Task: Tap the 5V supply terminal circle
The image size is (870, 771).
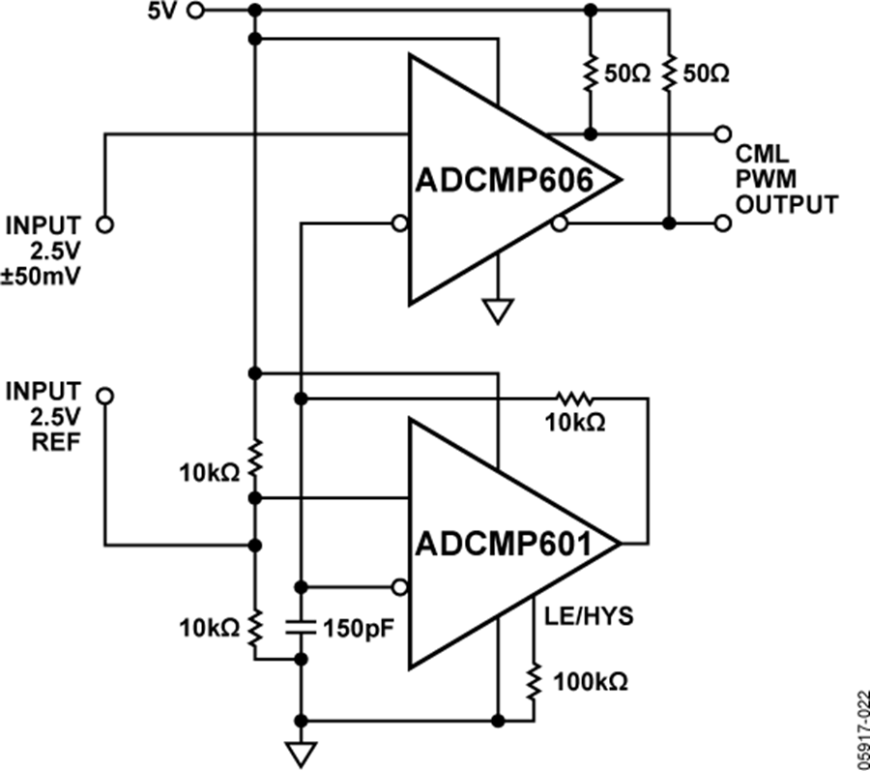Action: (195, 12)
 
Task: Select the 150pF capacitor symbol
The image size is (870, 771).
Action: (301, 626)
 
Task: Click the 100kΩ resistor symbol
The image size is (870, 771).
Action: (534, 682)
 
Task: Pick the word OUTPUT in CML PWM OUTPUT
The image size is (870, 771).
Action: (786, 204)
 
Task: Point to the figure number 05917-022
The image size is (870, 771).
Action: (859, 717)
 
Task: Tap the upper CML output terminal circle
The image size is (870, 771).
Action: (721, 133)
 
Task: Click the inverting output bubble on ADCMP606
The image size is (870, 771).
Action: (559, 224)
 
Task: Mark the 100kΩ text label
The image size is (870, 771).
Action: (590, 683)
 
